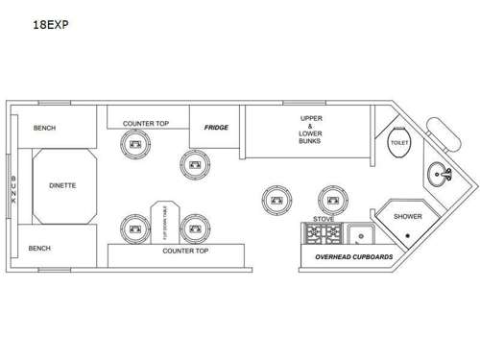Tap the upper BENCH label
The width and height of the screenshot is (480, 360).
[45, 128]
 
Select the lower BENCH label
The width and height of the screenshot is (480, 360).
[39, 248]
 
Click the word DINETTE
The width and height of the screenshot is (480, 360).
[62, 186]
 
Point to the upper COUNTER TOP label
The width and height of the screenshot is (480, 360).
[146, 123]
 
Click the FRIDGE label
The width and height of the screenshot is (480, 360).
[214, 126]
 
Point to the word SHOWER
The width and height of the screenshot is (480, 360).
[407, 216]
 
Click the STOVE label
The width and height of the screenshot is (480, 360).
[323, 218]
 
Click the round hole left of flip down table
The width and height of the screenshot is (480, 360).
[132, 228]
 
